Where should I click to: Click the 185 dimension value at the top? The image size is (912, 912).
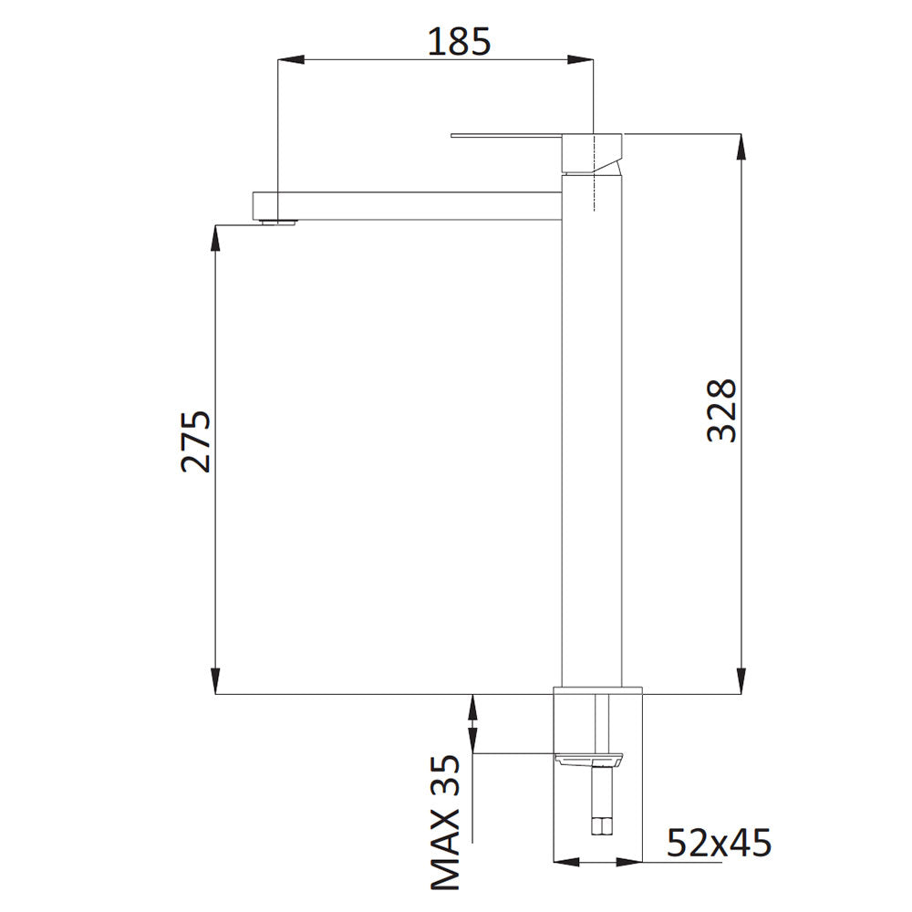pyautogui.click(x=459, y=42)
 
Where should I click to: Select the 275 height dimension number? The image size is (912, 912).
pyautogui.click(x=195, y=441)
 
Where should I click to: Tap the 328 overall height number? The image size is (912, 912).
pyautogui.click(x=721, y=410)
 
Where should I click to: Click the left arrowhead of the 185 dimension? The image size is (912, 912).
pyautogui.click(x=290, y=60)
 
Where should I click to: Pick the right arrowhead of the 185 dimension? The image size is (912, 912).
pyautogui.click(x=581, y=60)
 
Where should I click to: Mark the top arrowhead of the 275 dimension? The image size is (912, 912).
pyautogui.click(x=216, y=236)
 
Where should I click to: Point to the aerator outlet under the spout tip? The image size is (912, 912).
pyautogui.click(x=277, y=220)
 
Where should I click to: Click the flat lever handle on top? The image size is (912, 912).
pyautogui.click(x=506, y=138)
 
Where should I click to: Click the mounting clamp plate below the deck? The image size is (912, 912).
pyautogui.click(x=589, y=758)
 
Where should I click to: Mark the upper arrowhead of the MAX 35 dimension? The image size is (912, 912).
pyautogui.click(x=472, y=706)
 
